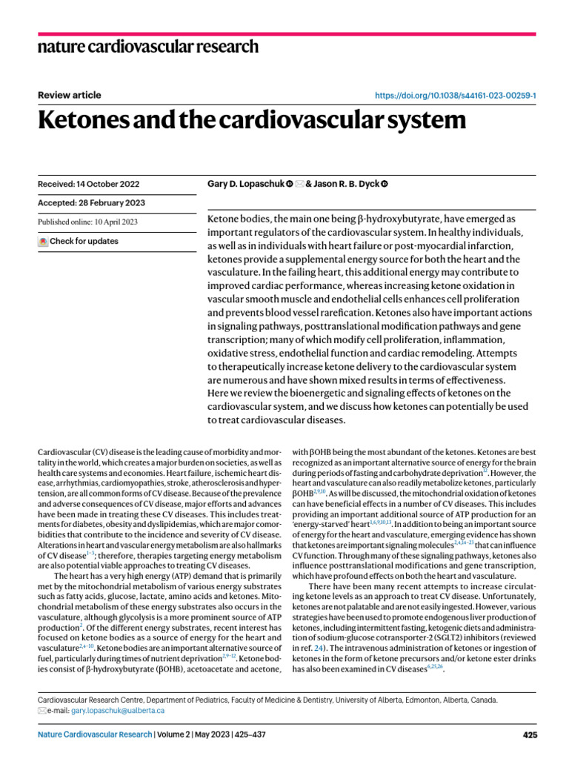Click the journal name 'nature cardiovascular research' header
pyautogui.click(x=148, y=47)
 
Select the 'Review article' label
pyautogui.click(x=69, y=95)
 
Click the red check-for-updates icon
pyautogui.click(x=43, y=242)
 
